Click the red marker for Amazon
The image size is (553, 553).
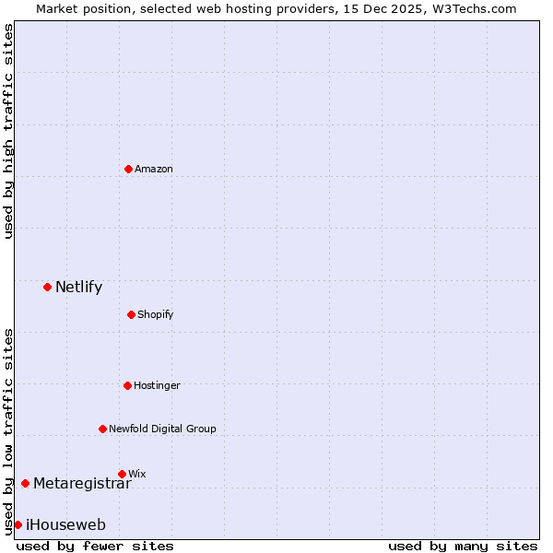[128, 169]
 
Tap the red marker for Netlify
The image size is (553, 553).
[47, 287]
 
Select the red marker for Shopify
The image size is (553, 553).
[131, 314]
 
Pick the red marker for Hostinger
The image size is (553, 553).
[127, 385]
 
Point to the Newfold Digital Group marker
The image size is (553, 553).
[102, 429]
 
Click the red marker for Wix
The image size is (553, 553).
[122, 474]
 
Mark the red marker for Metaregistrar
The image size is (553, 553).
[25, 483]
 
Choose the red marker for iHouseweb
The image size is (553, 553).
[18, 524]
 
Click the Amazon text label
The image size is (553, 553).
[154, 169]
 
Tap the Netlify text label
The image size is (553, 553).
[78, 287]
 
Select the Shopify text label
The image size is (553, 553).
[156, 314]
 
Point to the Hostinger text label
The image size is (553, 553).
[157, 385]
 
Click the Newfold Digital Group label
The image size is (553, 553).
[162, 429]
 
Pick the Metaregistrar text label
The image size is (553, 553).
[82, 483]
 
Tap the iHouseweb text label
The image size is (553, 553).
[65, 525]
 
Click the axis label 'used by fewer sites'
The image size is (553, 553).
[95, 546]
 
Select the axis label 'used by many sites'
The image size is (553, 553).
[463, 546]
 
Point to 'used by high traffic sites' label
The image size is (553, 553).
[8, 131]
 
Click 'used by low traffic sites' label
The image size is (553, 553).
[8, 431]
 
